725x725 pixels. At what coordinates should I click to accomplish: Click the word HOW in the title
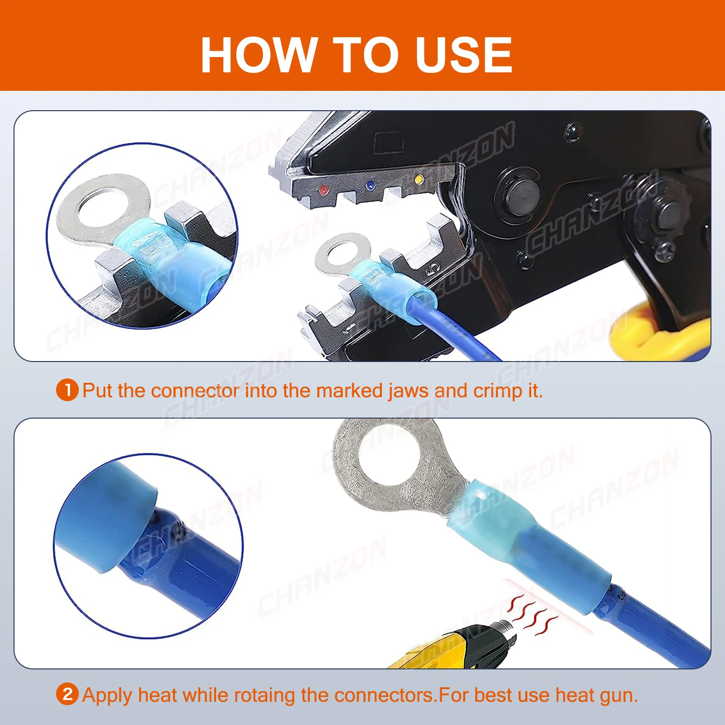point(259,55)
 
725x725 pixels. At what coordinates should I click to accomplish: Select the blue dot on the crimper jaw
point(371,185)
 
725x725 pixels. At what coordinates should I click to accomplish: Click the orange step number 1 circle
point(67,390)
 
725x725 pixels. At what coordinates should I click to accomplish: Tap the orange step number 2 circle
point(67,695)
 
